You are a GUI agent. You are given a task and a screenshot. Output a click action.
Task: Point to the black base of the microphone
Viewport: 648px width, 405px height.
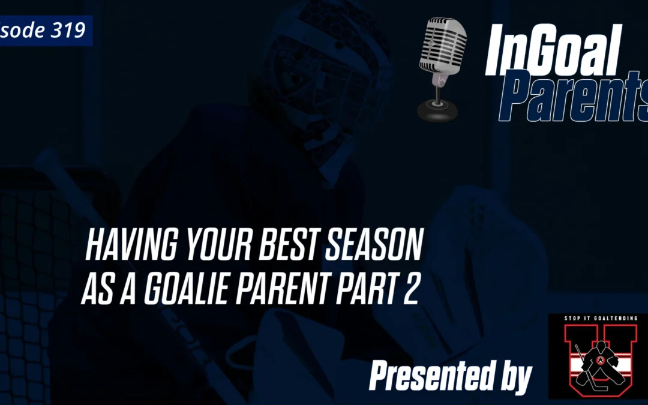(x=437, y=109)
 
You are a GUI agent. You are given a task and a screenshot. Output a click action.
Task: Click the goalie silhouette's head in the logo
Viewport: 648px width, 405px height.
(x=600, y=346)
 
